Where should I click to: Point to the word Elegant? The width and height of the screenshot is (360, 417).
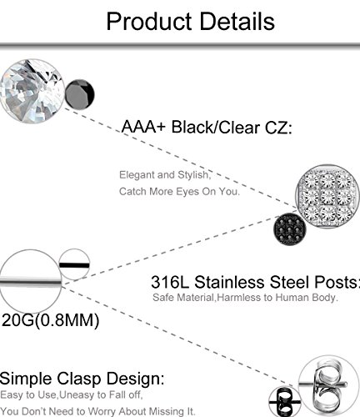coord(137,176)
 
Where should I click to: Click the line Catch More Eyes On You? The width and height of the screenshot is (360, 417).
coord(178,191)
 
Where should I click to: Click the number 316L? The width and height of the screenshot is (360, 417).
coord(174,281)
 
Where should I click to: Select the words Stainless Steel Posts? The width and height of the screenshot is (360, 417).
coord(280,281)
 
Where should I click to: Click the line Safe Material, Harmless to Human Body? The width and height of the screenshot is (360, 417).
coord(243,297)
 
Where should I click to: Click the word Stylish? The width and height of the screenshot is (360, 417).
coord(192,176)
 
